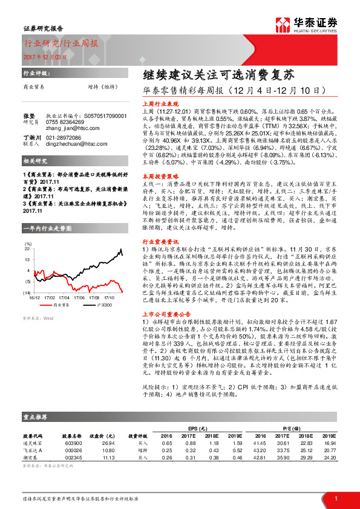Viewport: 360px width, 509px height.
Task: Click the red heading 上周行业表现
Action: point(159,103)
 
